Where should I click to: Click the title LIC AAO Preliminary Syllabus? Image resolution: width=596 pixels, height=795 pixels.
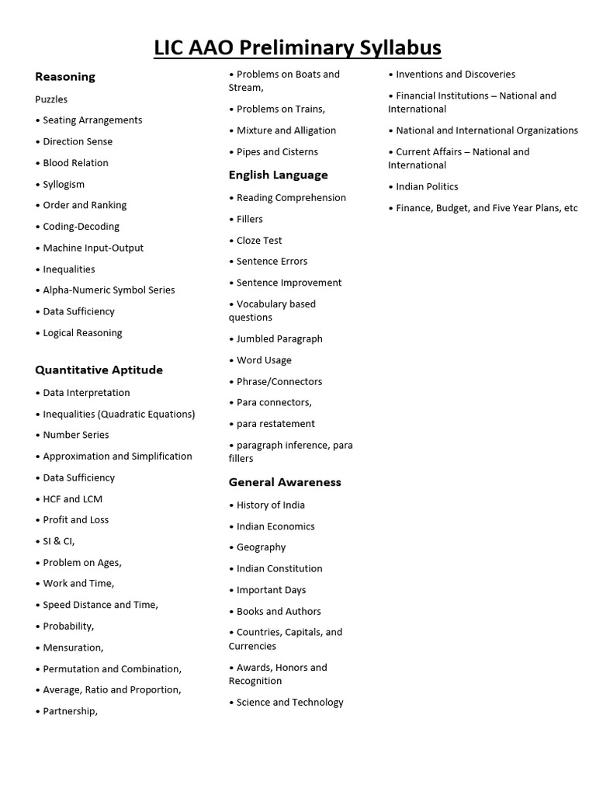(x=298, y=47)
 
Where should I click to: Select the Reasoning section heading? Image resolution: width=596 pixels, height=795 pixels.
(x=65, y=77)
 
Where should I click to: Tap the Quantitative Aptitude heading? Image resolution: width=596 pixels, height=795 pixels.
(x=99, y=370)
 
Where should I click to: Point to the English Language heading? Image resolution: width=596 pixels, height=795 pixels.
(x=278, y=175)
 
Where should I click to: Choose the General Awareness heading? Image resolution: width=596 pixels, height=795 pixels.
(x=285, y=482)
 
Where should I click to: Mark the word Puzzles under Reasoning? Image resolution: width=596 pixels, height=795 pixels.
(x=51, y=99)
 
